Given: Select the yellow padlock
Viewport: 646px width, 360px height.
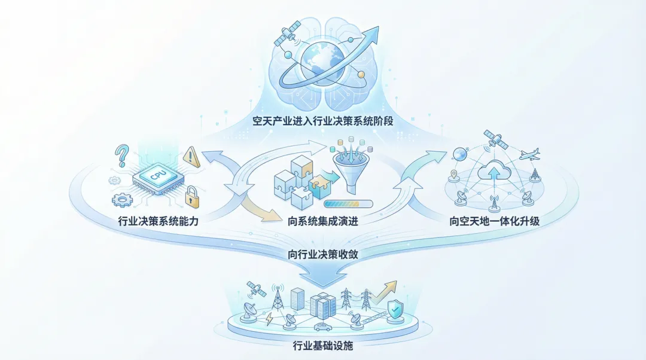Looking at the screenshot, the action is click(191, 196).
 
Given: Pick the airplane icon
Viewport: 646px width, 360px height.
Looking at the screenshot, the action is click(529, 154).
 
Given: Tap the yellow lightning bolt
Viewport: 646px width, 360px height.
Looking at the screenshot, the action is click(269, 319).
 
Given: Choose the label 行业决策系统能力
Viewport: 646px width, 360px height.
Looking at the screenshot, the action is click(159, 221).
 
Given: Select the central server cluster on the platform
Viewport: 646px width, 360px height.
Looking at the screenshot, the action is click(322, 305).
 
